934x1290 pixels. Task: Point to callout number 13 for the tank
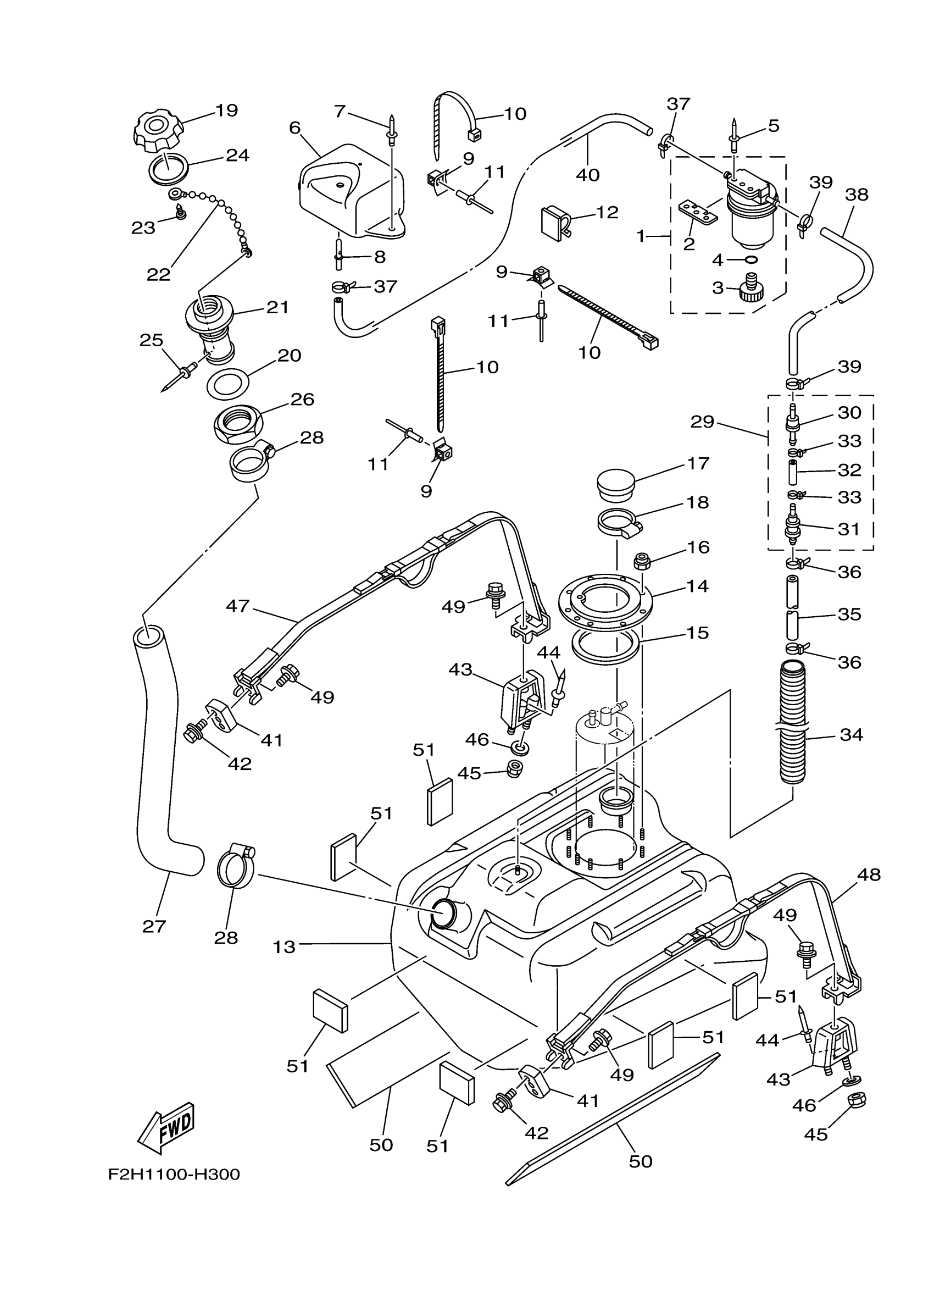click(x=283, y=947)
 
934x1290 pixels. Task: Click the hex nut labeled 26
click(x=238, y=425)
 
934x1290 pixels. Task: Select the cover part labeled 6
click(x=353, y=191)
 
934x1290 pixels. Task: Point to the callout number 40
click(x=587, y=175)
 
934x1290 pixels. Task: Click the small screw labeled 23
click(x=182, y=214)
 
